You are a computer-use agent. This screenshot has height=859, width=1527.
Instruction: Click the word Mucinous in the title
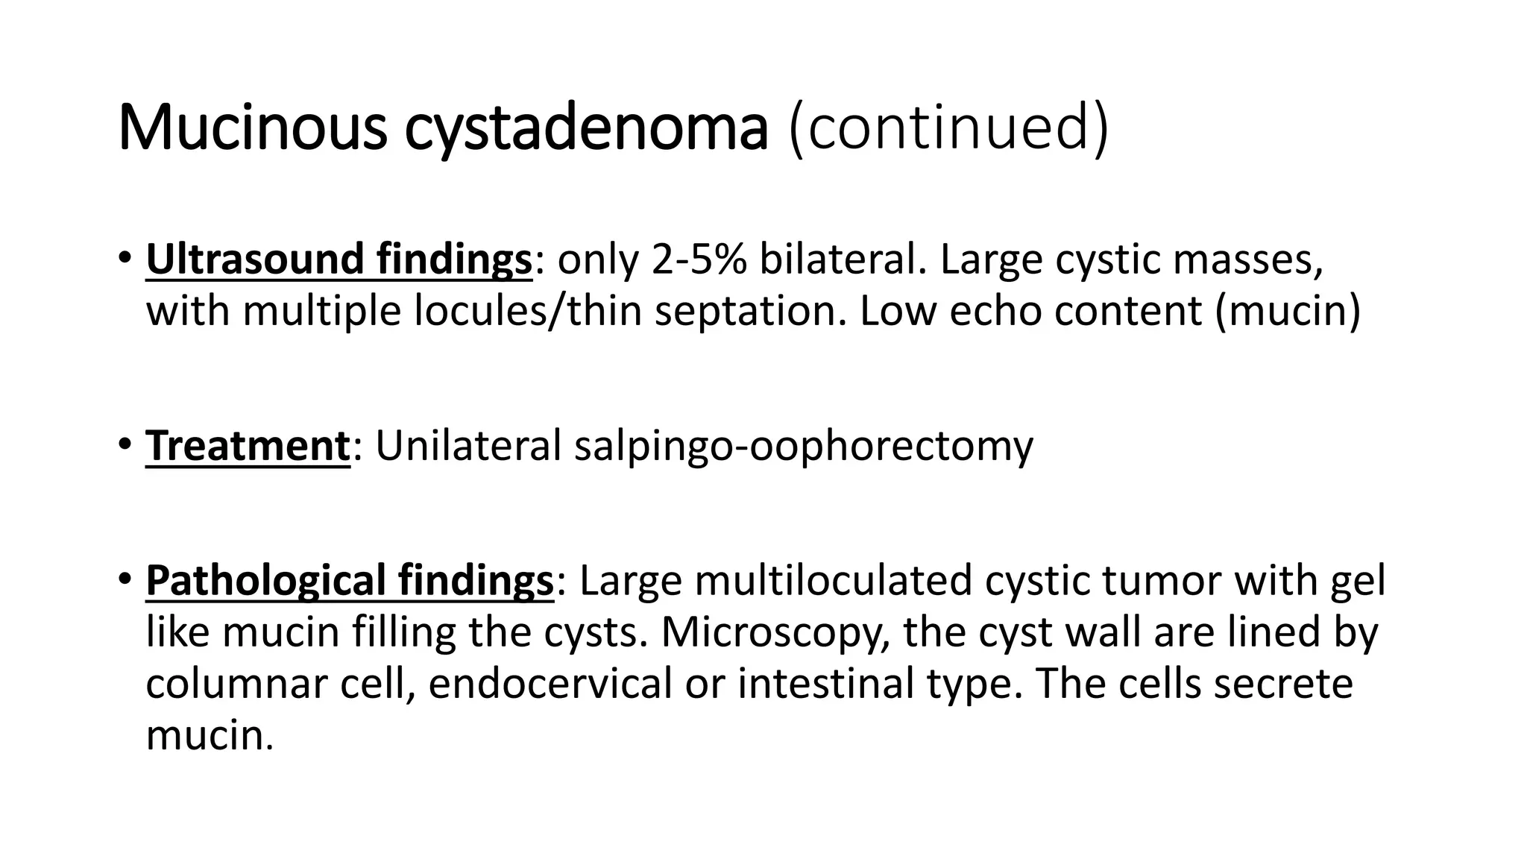252,128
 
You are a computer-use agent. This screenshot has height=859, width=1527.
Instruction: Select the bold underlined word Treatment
248,446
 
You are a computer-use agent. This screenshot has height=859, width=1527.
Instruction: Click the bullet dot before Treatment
124,444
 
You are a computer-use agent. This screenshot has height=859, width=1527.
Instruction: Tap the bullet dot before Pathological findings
124,579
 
